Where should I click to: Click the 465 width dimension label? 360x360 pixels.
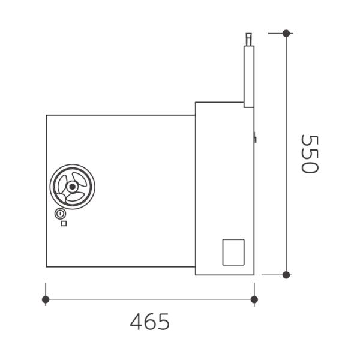(x=149, y=322)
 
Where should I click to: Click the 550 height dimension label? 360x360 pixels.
(x=310, y=154)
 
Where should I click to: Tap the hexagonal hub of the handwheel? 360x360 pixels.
(x=73, y=187)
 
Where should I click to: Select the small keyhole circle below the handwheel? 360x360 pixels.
(x=60, y=214)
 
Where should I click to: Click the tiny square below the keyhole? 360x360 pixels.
(x=64, y=223)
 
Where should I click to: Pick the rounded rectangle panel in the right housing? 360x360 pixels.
(x=233, y=252)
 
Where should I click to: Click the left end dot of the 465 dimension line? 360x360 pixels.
(x=46, y=299)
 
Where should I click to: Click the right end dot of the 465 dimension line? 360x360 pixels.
(x=254, y=299)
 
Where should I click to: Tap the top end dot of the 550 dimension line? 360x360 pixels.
(x=286, y=33)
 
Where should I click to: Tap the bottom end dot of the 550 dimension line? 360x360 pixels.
(x=286, y=275)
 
